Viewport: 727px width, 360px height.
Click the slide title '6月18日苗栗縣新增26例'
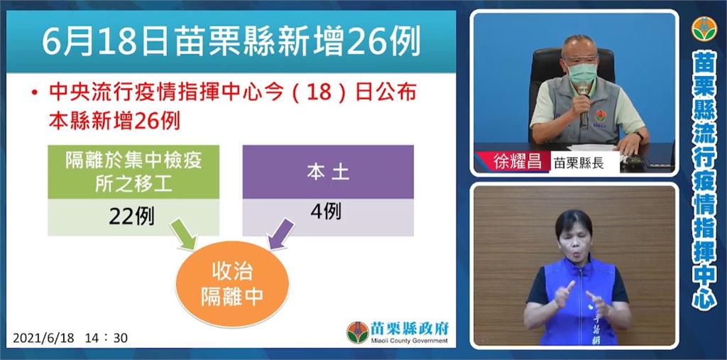231,42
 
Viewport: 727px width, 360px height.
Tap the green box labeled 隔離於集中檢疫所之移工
133,172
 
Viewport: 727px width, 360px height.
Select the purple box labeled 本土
328,172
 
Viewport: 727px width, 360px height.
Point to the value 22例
131,216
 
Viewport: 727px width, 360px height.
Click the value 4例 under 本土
325,212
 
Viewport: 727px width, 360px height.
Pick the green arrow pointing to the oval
184,234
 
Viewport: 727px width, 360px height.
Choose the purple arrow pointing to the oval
281,234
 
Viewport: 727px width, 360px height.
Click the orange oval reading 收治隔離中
232,285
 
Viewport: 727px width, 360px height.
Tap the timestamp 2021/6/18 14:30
70,338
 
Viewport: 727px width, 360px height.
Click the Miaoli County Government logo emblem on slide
358,332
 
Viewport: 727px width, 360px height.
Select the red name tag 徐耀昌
511,163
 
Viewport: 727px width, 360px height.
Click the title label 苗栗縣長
579,163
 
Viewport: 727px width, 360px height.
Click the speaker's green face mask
582,73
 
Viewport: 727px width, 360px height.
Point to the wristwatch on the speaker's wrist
640,136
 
